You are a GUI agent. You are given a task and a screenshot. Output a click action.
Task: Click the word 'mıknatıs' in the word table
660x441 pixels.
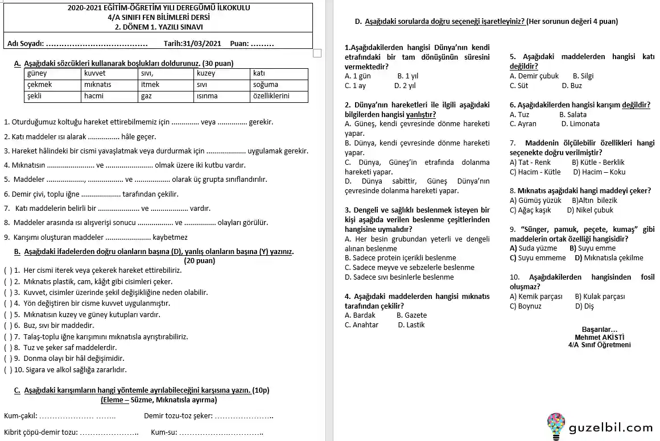pyautogui.click(x=98, y=85)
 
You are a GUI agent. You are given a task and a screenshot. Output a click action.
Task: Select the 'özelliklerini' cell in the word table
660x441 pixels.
pyautogui.click(x=271, y=96)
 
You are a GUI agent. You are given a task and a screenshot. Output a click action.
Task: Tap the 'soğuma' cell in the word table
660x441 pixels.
pyautogui.click(x=266, y=85)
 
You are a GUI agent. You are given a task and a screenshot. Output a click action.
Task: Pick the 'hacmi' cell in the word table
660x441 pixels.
pyautogui.click(x=94, y=96)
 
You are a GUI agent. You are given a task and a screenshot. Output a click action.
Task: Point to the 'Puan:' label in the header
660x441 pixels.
pyautogui.click(x=240, y=43)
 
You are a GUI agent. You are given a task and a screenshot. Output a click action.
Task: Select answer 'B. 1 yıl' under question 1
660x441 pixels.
pyautogui.click(x=407, y=76)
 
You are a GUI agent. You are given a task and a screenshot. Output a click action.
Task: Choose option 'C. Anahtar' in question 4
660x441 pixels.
pyautogui.click(x=361, y=325)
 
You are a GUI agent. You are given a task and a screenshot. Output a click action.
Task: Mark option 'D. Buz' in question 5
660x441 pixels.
pyautogui.click(x=572, y=85)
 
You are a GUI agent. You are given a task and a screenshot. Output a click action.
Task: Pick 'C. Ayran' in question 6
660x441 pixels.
pyautogui.click(x=523, y=123)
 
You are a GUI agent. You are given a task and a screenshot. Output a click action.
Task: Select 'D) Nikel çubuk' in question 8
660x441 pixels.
pyautogui.click(x=590, y=210)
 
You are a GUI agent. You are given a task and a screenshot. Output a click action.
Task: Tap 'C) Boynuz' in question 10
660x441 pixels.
pyautogui.click(x=526, y=306)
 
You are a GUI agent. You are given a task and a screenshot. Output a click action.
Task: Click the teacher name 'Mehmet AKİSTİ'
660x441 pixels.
pyautogui.click(x=599, y=337)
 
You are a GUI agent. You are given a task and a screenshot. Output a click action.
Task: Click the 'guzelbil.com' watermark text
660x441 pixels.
pyautogui.click(x=610, y=428)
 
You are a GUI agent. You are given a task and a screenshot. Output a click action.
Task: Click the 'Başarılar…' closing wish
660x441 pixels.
pyautogui.click(x=599, y=330)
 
